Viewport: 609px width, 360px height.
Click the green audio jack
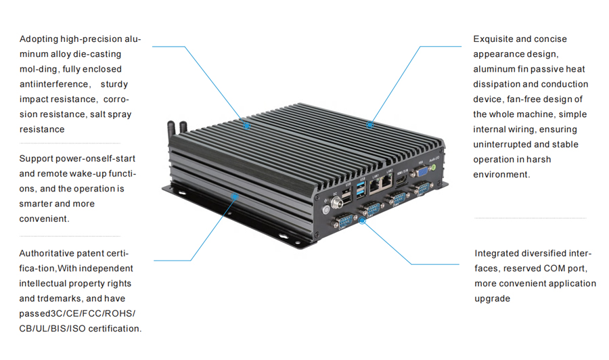point(433,166)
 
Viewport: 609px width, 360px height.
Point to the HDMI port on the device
point(401,177)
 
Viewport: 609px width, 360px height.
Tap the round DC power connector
point(334,200)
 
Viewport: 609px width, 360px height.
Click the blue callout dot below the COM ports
point(362,221)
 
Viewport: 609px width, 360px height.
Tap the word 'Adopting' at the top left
point(38,39)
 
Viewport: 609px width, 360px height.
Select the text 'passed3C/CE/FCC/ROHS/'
point(77,313)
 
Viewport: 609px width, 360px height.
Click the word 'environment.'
point(501,175)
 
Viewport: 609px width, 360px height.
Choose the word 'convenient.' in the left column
point(44,219)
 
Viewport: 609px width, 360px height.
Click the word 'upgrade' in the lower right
point(492,298)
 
